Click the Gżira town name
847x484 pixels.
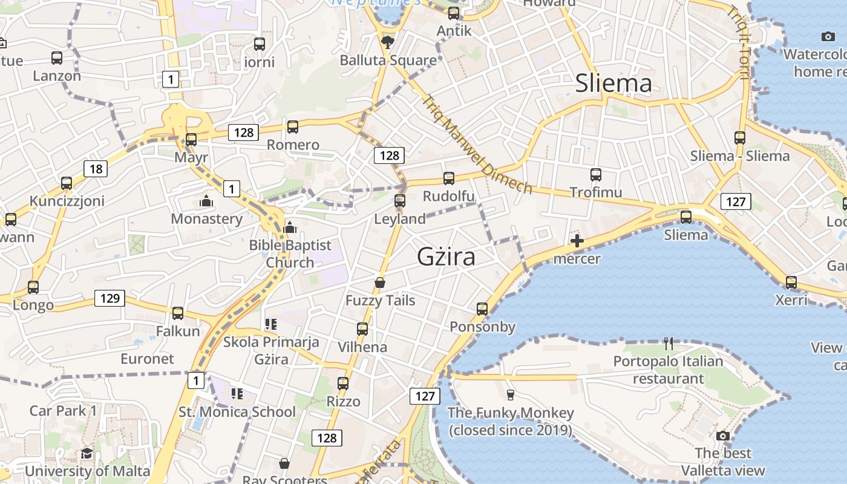click(x=446, y=257)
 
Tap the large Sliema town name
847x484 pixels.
click(x=613, y=83)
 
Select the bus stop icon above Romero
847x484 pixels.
click(x=293, y=127)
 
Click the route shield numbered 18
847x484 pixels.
click(x=96, y=169)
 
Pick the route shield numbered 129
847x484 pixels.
click(x=110, y=298)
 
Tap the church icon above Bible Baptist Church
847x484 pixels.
click(x=290, y=227)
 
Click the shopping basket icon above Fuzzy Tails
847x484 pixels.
click(x=380, y=283)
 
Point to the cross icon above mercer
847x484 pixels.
click(x=577, y=241)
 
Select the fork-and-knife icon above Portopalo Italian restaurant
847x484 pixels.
click(x=668, y=344)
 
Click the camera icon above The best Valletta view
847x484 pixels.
click(x=722, y=436)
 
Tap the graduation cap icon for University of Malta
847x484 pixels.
click(x=87, y=453)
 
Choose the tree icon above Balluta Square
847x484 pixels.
click(x=388, y=42)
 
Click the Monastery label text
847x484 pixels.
click(x=206, y=218)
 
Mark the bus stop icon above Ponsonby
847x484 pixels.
click(x=482, y=309)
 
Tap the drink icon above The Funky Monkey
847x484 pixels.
click(x=510, y=395)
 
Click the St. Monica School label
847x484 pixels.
click(x=237, y=412)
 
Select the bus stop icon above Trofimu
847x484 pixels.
click(x=596, y=175)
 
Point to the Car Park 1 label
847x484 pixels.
click(x=63, y=411)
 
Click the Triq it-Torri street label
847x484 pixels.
click(x=738, y=42)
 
